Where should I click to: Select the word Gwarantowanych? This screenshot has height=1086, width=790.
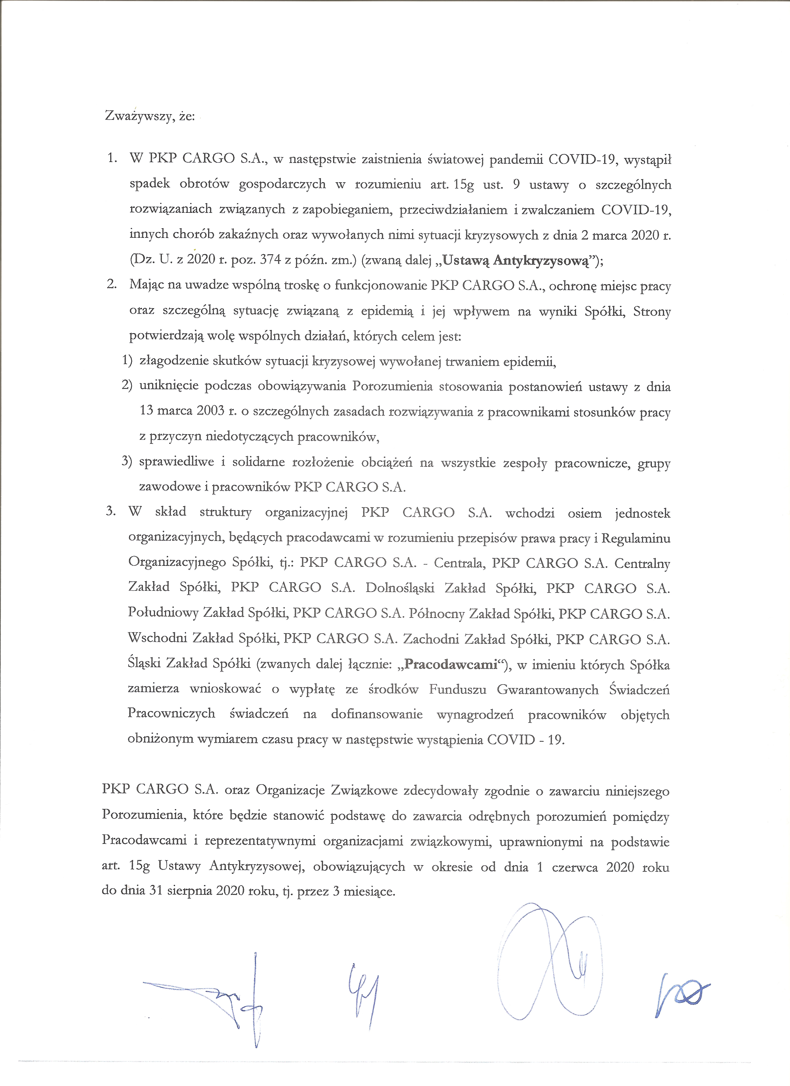coord(548,690)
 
